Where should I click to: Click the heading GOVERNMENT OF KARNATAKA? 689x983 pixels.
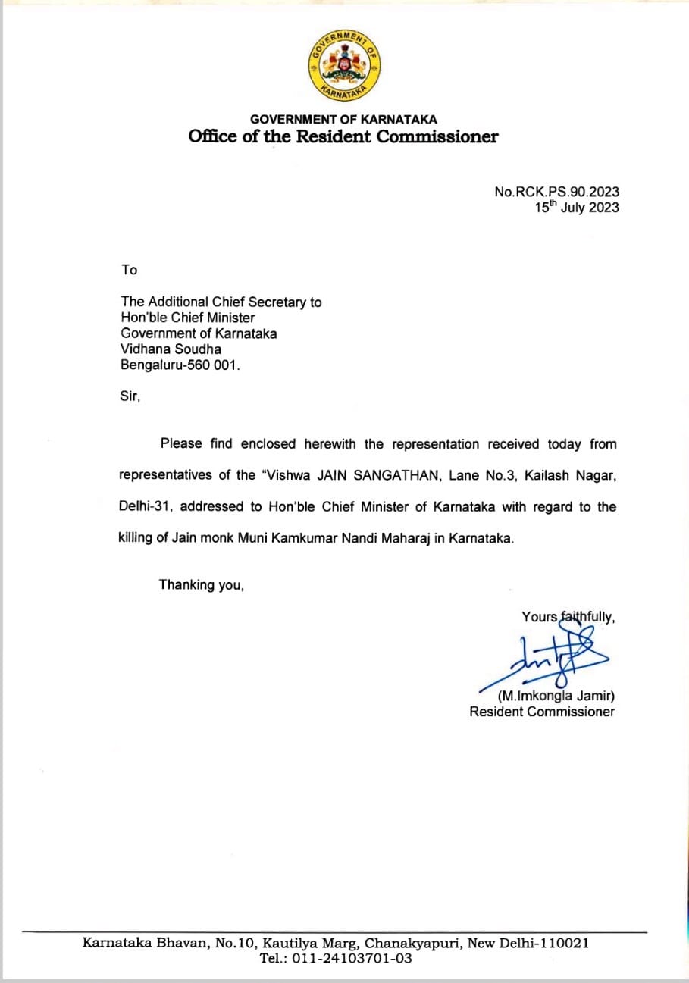click(343, 119)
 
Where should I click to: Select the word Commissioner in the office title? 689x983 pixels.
click(438, 137)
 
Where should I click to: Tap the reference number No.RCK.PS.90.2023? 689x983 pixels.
click(556, 193)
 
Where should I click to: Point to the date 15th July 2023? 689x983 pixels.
click(576, 208)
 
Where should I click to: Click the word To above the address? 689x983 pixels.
click(129, 270)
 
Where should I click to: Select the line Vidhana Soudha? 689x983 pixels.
click(171, 349)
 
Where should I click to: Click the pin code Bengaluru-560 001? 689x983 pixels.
click(180, 365)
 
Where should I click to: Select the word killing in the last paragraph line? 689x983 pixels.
click(139, 538)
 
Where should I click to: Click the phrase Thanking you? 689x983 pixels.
click(201, 585)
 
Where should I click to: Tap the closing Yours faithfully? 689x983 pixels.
click(568, 617)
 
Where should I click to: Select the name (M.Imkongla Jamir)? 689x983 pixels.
click(556, 696)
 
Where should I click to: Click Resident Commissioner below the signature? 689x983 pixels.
click(542, 712)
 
